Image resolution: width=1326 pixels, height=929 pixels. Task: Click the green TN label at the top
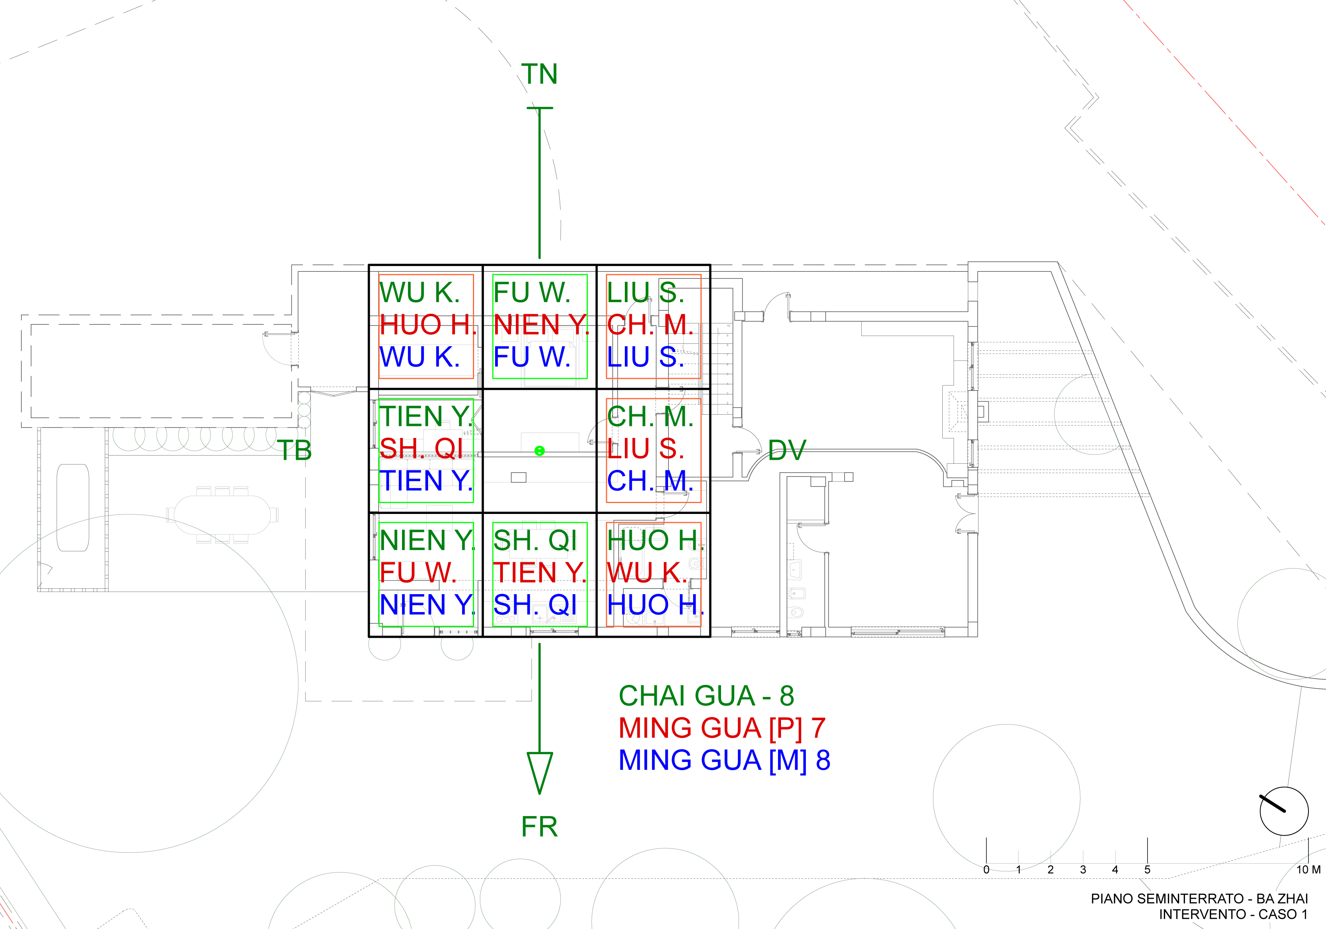pos(539,74)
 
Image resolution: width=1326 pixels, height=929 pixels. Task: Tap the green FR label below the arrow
pos(539,827)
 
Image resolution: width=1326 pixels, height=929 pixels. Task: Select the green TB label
pos(294,450)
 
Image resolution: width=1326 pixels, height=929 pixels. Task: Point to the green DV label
pos(786,450)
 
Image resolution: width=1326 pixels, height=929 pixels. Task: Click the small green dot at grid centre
pos(540,450)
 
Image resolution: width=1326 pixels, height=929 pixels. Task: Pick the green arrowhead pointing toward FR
pos(540,771)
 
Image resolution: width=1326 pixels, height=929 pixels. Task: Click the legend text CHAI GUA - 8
pos(706,696)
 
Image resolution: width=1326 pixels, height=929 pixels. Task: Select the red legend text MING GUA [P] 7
pos(721,728)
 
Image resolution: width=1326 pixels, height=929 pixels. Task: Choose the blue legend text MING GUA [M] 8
pos(724,760)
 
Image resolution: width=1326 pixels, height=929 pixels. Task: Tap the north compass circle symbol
pos(1284,811)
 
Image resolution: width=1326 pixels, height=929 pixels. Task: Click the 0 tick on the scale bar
pos(986,869)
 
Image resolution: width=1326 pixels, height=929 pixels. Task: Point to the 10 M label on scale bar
pos(1308,869)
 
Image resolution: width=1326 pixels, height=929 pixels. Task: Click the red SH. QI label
pos(421,449)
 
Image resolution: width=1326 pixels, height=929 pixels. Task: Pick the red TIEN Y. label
pos(540,573)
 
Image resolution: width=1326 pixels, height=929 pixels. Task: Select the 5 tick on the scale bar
pos(1147,869)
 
